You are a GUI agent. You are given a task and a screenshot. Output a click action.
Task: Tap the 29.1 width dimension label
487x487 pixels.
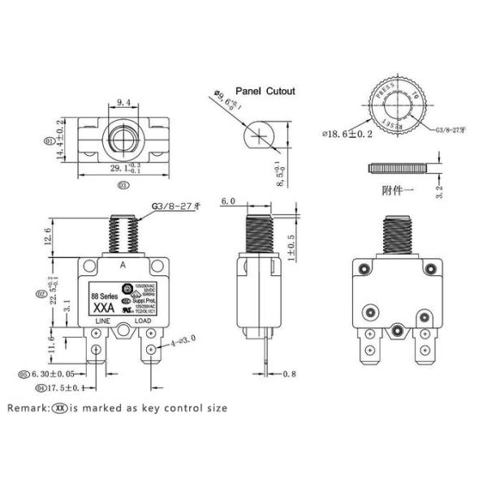(x=119, y=169)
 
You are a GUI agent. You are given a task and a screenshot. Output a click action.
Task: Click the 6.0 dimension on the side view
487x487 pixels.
(x=228, y=200)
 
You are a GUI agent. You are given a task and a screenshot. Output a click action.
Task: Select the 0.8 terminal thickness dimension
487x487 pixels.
(x=289, y=375)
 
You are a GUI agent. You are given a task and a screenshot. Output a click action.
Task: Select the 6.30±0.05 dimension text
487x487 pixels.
(x=57, y=375)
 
